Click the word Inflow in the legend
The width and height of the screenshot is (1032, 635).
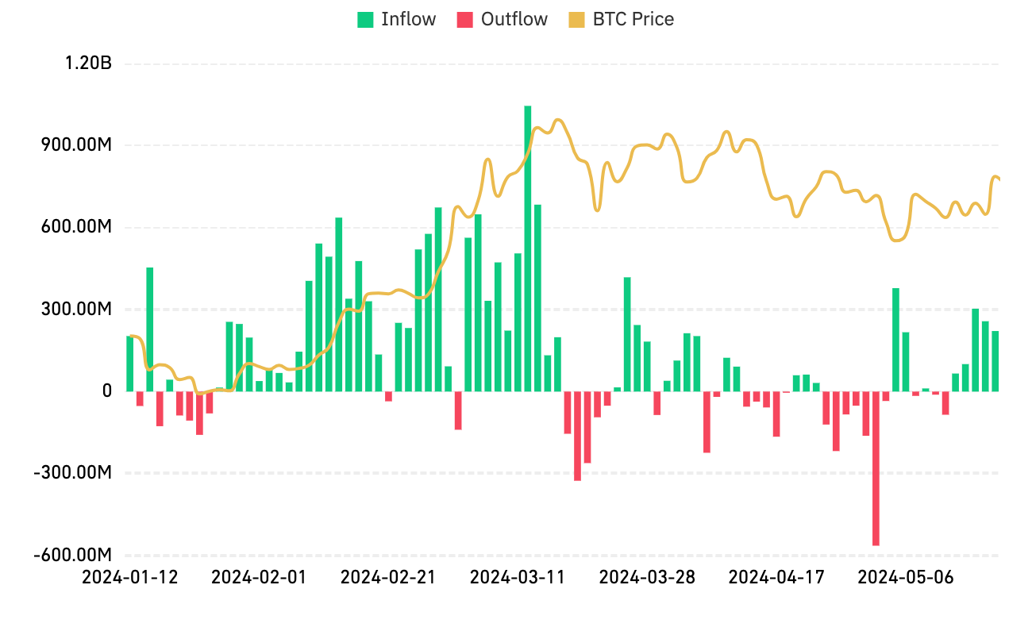pos(408,19)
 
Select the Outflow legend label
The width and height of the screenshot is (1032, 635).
pos(514,19)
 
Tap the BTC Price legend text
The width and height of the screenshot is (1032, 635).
pos(633,19)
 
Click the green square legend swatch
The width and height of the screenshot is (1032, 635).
pos(365,20)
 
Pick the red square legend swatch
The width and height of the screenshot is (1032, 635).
pos(465,20)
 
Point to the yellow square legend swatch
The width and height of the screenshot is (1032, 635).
pos(577,20)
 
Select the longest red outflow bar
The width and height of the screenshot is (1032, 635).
pos(876,468)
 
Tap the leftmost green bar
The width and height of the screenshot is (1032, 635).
pos(129,364)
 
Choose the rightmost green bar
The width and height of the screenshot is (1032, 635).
pos(995,361)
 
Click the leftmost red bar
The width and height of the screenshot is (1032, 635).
pos(140,398)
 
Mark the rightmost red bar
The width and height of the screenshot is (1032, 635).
pos(945,403)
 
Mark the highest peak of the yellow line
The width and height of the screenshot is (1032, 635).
pos(558,119)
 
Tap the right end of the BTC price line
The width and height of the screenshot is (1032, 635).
pos(999,179)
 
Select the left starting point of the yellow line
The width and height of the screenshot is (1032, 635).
pos(130,336)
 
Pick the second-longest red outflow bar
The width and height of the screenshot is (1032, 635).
pos(577,436)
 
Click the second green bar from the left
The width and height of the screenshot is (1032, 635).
pos(150,329)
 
